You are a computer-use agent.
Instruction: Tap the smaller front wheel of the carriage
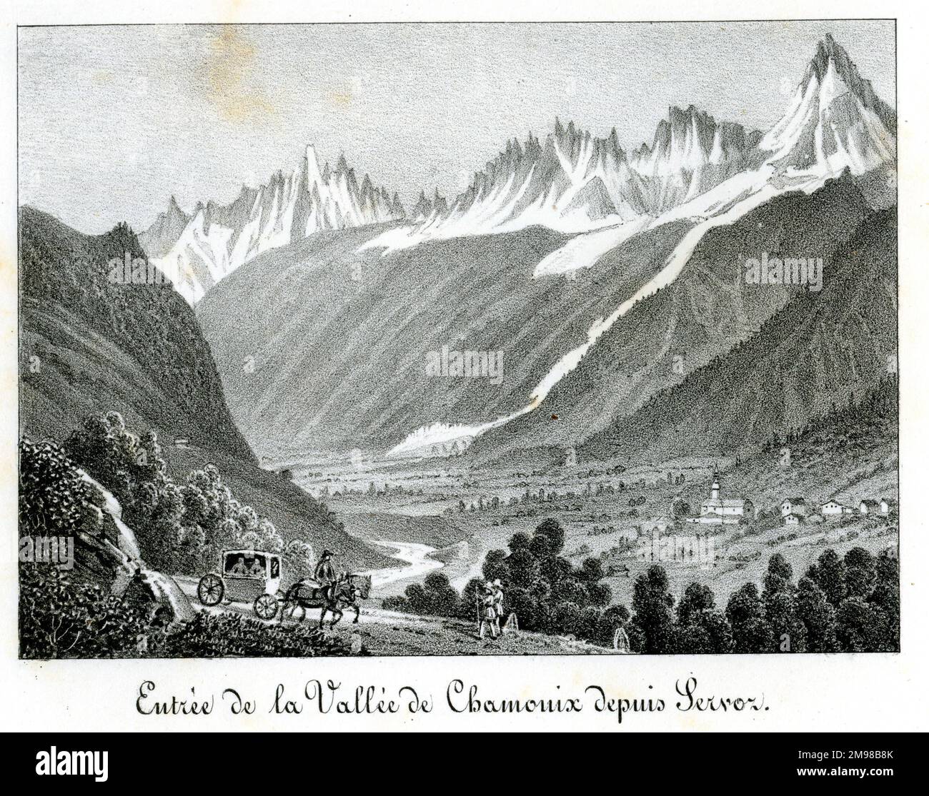click(265, 606)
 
